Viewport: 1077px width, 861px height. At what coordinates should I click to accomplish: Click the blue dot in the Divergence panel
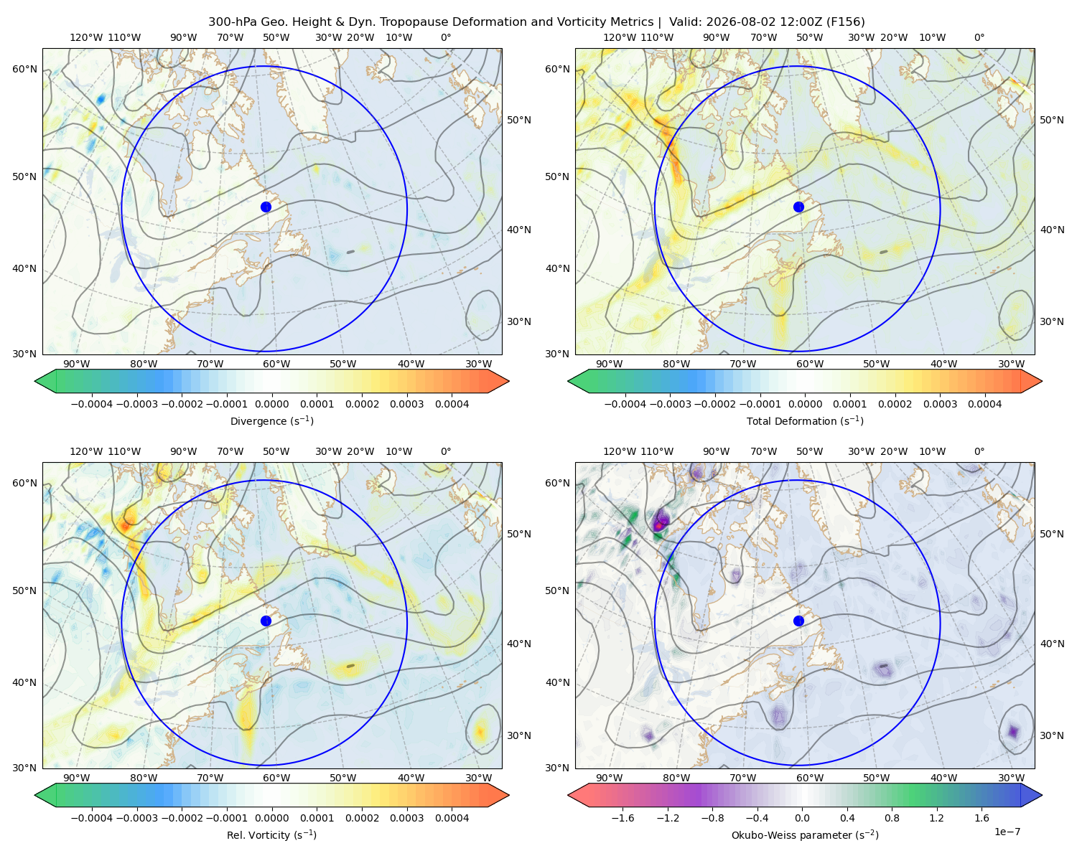[266, 207]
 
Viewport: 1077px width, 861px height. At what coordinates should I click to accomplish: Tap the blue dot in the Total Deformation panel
[798, 207]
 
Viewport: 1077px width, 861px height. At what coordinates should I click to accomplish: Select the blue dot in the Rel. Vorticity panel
[266, 621]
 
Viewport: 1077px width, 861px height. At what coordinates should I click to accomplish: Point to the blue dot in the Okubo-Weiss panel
[798, 621]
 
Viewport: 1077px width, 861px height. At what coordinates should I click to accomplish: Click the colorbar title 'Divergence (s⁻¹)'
[271, 420]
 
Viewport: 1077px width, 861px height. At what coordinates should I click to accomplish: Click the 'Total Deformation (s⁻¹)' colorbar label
[805, 420]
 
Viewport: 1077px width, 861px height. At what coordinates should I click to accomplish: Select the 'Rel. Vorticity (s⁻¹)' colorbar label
[271, 835]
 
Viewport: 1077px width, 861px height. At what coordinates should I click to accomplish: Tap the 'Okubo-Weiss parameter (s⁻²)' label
[805, 835]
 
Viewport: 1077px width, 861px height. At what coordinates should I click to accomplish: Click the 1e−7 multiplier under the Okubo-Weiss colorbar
[1007, 832]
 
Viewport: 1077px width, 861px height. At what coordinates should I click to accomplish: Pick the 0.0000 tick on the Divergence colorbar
[271, 404]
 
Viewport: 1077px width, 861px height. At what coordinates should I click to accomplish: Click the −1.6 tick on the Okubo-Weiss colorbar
[623, 818]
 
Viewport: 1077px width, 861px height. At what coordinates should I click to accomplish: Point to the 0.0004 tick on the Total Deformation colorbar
[985, 404]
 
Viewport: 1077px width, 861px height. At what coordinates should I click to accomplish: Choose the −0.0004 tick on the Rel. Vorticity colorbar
[92, 818]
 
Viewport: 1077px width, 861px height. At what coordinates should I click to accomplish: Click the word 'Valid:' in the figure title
[686, 22]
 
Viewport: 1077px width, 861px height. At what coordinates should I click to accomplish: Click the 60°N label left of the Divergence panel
[24, 69]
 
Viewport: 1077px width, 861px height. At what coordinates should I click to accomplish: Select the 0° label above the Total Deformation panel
[979, 37]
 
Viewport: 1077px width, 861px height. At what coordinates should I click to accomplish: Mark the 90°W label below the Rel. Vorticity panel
[77, 778]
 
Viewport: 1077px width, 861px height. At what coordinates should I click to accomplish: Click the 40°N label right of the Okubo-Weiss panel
[1052, 644]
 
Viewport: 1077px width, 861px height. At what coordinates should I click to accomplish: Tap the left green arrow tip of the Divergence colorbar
[35, 381]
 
